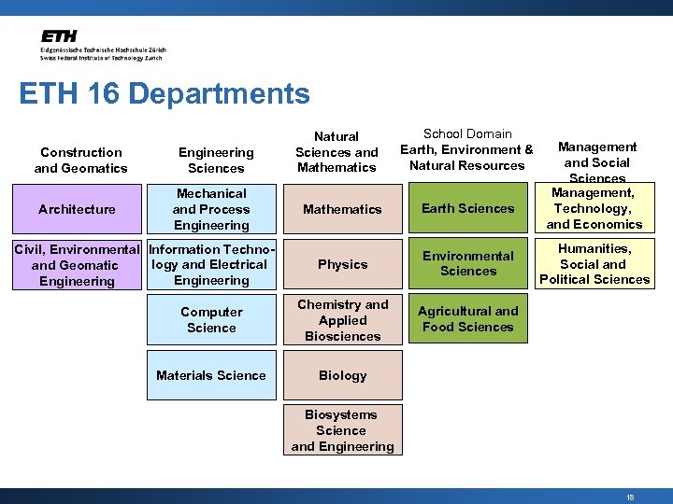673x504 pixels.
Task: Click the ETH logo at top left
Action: (x=101, y=45)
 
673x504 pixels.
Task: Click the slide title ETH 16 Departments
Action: (x=164, y=93)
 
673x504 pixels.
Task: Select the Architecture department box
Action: (x=77, y=209)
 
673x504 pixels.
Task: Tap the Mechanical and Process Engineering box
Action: (x=211, y=209)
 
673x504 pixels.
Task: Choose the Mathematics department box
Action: (x=342, y=209)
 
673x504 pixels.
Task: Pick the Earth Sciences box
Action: (x=468, y=208)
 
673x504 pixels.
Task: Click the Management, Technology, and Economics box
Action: (x=594, y=209)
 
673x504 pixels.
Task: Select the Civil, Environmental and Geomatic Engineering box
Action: (x=77, y=265)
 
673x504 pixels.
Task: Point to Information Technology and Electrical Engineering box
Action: (x=211, y=265)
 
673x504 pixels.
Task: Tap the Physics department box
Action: (x=342, y=264)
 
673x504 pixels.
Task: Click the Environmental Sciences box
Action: (x=468, y=263)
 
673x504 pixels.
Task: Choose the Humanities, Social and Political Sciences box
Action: (x=594, y=263)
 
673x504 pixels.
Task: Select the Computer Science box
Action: (x=211, y=319)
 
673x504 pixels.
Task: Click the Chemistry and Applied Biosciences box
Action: (x=342, y=319)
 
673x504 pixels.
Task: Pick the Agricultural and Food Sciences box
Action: (x=468, y=318)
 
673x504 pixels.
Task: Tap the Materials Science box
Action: (x=211, y=375)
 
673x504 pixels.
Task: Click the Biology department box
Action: (x=342, y=375)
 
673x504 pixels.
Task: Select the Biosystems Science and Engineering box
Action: (x=341, y=430)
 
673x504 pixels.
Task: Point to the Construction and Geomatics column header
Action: (x=80, y=160)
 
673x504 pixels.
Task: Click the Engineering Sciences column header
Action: (x=216, y=160)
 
